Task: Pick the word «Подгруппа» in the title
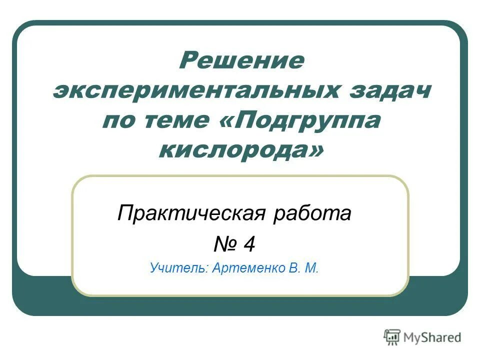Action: (x=306, y=121)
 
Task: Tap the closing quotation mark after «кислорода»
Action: (x=313, y=150)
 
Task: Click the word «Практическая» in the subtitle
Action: (x=190, y=214)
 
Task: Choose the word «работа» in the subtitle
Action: (x=312, y=214)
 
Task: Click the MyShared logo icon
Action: (x=392, y=337)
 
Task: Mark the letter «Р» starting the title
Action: (x=188, y=61)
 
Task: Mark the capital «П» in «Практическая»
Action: (x=124, y=214)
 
